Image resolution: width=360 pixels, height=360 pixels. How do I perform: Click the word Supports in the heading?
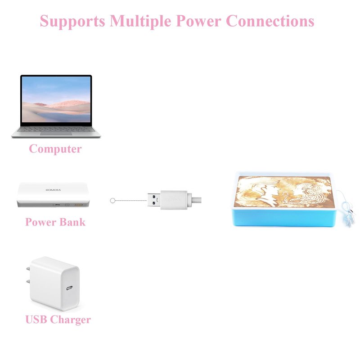coord(72,21)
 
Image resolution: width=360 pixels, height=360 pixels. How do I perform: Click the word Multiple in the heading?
coord(140,21)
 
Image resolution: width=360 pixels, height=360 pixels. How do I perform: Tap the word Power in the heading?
coord(198,21)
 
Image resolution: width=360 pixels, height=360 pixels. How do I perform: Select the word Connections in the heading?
coord(270,21)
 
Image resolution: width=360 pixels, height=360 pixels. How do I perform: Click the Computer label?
coord(55,149)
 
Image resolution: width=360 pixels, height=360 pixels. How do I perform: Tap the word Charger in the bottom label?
coord(71,320)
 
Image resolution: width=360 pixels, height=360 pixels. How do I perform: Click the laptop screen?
coord(56,99)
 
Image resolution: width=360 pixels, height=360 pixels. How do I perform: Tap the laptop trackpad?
coord(56,133)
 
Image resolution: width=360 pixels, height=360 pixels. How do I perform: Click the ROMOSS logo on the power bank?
coord(53,190)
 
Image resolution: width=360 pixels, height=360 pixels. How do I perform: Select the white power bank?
coord(53,195)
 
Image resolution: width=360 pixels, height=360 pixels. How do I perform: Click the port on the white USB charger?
coord(69,288)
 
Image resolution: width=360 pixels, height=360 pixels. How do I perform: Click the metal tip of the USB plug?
coord(154,200)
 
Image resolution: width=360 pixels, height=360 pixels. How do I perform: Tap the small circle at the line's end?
coord(112,201)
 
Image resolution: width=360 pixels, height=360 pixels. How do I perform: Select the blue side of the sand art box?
coord(284,218)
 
